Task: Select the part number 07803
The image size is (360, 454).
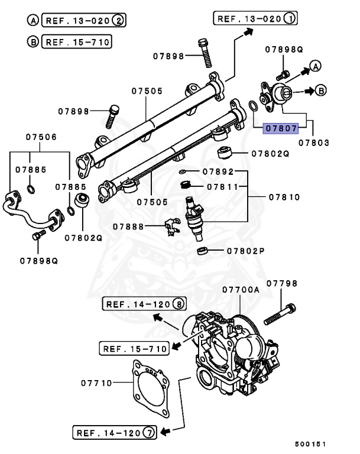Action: coord(313,143)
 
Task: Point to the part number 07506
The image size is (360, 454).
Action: coord(41,137)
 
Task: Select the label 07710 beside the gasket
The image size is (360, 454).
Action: coord(96,383)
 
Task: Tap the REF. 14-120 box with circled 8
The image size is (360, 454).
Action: coord(144,304)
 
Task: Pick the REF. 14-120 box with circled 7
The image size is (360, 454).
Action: coord(113,432)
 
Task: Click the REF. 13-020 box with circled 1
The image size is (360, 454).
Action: coord(255,18)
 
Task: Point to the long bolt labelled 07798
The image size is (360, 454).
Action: coord(280,314)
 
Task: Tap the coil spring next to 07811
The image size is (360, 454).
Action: coord(187,187)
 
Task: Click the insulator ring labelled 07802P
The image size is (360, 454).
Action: coord(203,251)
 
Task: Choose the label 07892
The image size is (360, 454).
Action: coord(218,172)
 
